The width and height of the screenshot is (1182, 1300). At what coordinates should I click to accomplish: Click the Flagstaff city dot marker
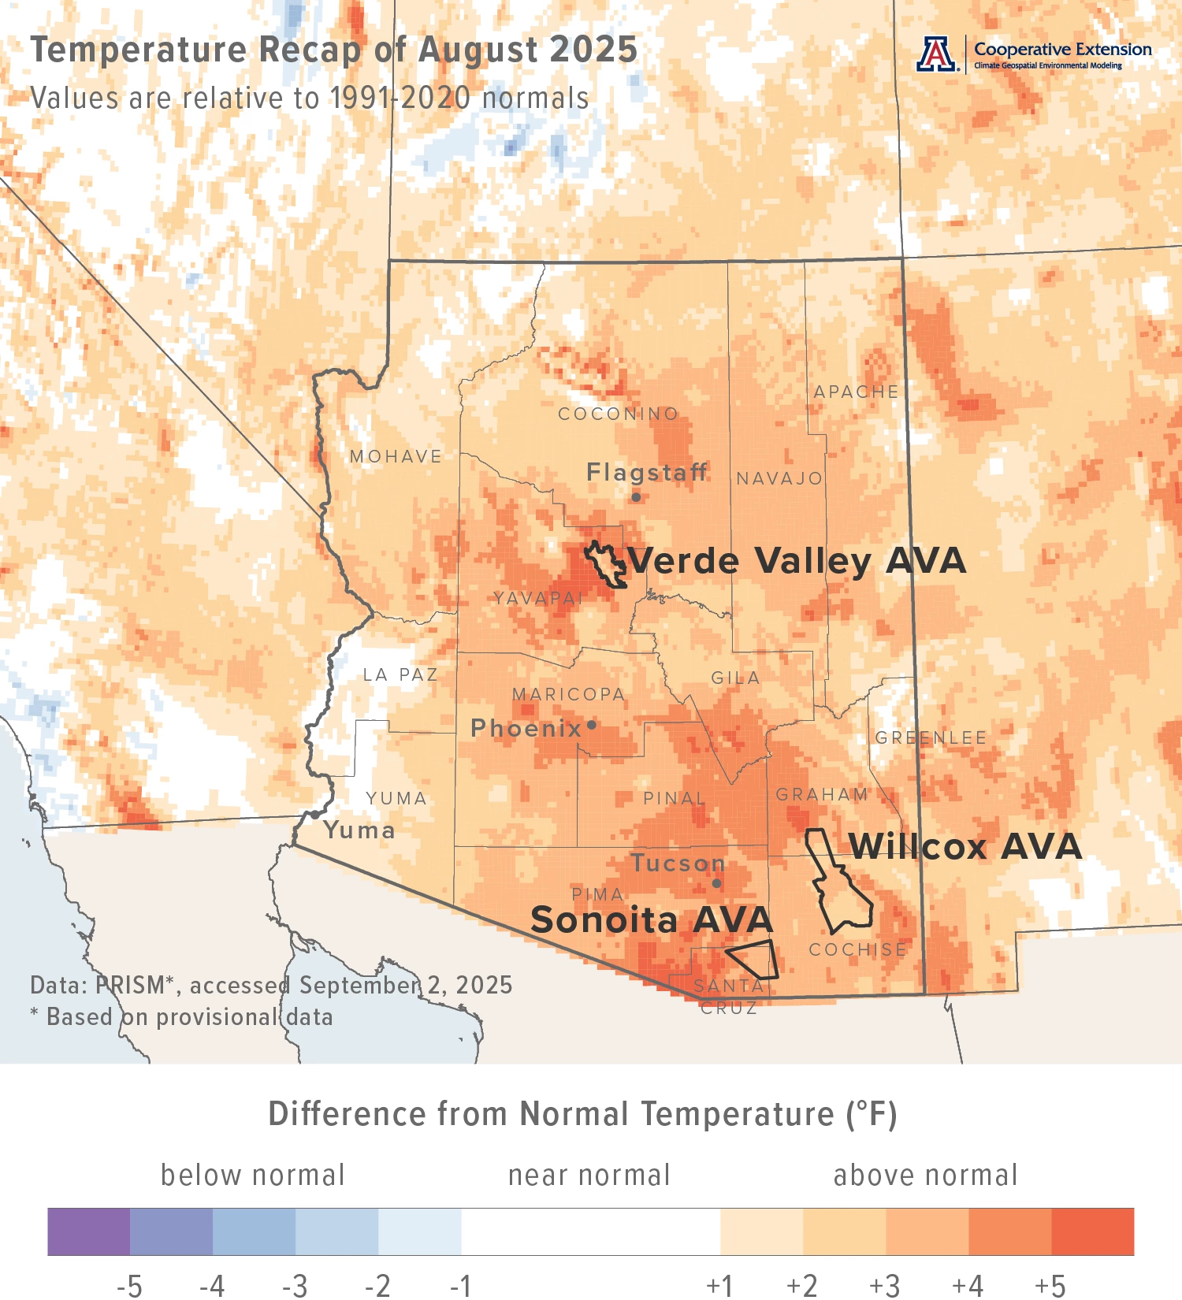pos(636,497)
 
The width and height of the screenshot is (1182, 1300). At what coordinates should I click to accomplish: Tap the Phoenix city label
pos(526,728)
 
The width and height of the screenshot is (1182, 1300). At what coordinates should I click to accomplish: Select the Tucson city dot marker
pos(716,883)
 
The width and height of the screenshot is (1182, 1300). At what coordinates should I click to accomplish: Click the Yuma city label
pos(359,830)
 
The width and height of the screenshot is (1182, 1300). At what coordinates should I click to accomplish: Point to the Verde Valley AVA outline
pos(605,565)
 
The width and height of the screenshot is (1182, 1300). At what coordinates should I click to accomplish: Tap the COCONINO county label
pos(618,414)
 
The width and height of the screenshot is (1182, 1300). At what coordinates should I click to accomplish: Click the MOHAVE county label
pos(396,456)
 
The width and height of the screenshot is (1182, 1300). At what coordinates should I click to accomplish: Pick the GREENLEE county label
pos(931,738)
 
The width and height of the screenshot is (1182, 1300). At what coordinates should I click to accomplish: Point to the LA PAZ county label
pos(400,675)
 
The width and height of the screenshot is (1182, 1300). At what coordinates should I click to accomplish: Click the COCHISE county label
pos(857,950)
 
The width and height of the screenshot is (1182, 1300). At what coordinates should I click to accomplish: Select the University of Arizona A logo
pos(936,54)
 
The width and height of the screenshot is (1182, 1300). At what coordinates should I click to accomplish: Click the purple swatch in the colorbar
pos(88,1231)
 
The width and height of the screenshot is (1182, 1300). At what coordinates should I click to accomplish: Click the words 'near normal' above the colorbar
pos(589,1176)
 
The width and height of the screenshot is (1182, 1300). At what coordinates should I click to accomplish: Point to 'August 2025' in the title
pos(527,50)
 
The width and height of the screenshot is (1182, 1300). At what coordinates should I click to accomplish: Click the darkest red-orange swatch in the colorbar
pos(1092,1231)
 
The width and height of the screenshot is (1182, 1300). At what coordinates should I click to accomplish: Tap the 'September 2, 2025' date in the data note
pos(406,985)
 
